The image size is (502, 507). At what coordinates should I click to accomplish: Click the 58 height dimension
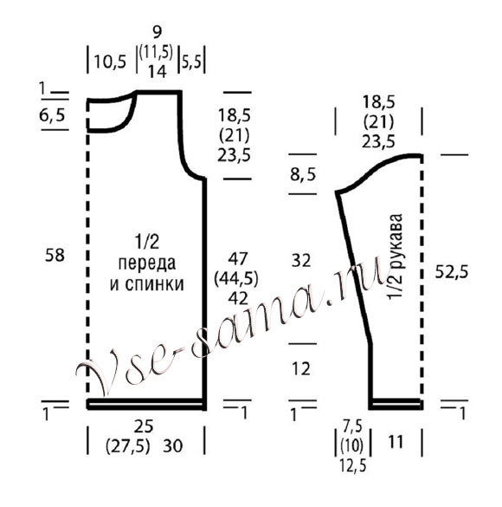point(55,255)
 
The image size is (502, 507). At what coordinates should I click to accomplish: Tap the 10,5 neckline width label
point(110,62)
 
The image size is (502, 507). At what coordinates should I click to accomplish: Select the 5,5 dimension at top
point(191,62)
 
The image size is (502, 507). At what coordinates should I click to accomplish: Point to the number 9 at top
point(158,32)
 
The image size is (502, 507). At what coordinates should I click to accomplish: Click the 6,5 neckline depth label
point(52,115)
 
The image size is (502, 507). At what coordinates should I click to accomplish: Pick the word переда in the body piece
point(147,263)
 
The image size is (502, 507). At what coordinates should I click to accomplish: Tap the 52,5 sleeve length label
point(451,272)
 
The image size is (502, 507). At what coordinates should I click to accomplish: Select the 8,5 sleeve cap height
point(303,174)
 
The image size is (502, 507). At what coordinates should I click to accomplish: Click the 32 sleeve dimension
point(301,261)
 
